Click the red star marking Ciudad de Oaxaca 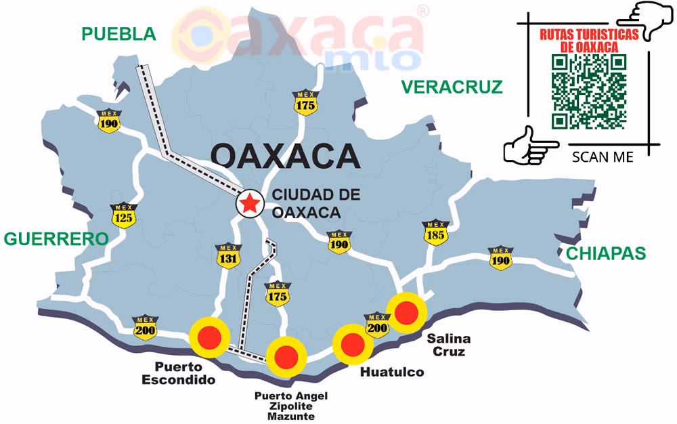(249, 203)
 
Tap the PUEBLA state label (118, 34)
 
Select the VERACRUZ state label (452, 87)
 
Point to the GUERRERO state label (56, 238)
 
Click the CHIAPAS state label (606, 253)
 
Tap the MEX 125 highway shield (124, 216)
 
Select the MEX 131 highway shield (228, 255)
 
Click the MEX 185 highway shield (435, 233)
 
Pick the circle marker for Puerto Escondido (210, 336)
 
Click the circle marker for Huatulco (353, 344)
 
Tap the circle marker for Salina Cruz (406, 312)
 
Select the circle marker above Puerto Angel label (285, 356)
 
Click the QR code (588, 91)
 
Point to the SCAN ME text (603, 157)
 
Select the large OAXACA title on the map (284, 156)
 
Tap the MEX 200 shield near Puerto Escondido (144, 327)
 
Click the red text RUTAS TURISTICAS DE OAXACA (588, 41)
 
